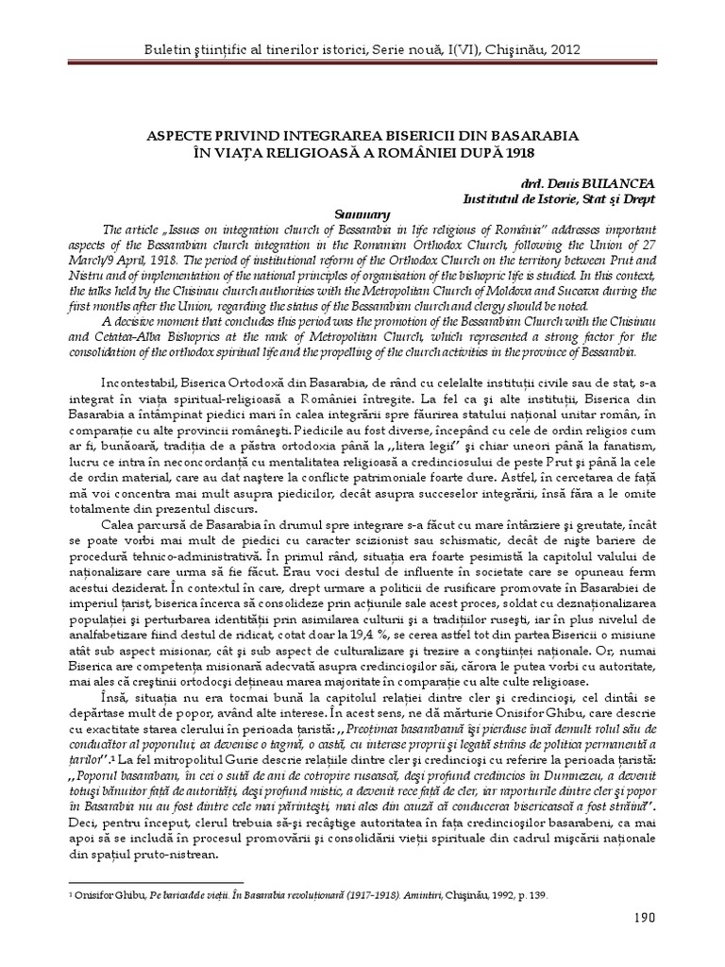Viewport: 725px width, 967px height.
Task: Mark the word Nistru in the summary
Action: coord(82,275)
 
